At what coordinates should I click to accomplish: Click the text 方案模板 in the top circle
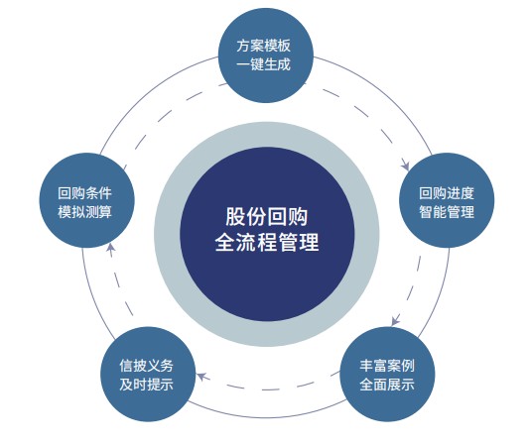point(263,46)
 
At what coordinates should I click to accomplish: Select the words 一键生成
point(263,64)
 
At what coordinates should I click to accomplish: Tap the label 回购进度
point(447,193)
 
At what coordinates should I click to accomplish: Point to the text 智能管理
point(447,212)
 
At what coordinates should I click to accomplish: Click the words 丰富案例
point(387,366)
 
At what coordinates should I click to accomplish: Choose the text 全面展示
point(387,385)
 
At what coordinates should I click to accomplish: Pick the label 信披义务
point(146,366)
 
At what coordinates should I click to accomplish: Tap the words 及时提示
point(146,385)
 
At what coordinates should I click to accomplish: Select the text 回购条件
point(84,193)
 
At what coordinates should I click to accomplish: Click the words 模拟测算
point(84,212)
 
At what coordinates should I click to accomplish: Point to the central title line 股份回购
point(267,216)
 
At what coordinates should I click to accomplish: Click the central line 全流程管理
point(267,242)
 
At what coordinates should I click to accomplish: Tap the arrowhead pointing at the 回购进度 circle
point(406,166)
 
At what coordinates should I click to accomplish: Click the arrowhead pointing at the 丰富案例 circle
point(395,321)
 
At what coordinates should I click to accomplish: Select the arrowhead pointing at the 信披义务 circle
point(201,377)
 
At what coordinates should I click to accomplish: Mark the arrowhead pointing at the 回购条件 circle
point(110,248)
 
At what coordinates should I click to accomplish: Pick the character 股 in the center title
point(235,216)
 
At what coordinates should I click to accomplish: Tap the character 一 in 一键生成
point(243,64)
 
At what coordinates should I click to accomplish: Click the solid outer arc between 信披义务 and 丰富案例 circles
point(267,418)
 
